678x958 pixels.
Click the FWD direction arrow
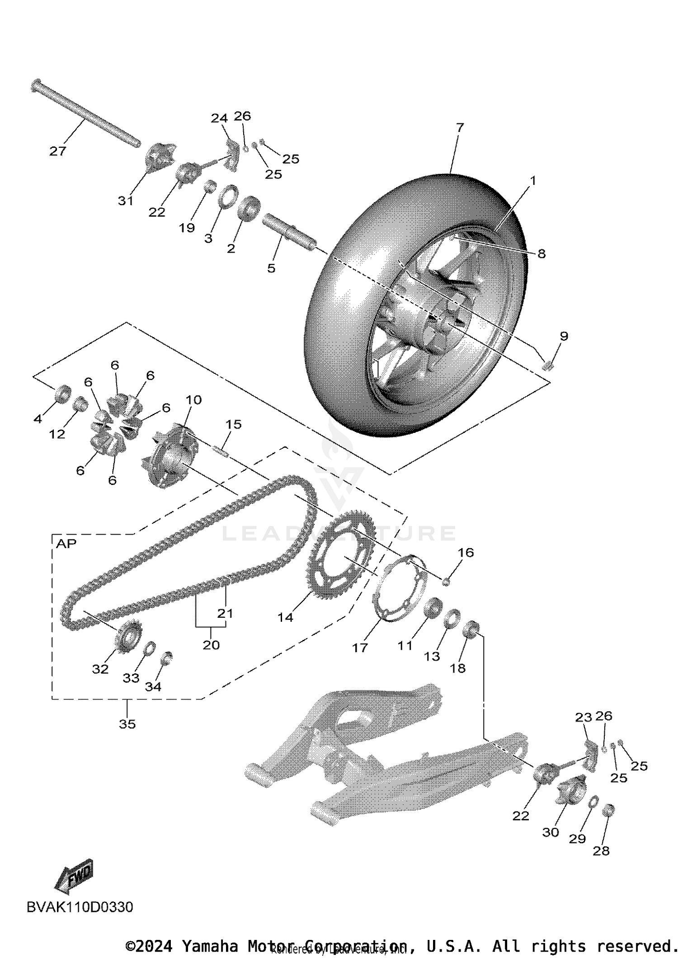75,877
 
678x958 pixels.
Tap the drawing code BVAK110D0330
80,907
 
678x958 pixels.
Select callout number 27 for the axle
58,151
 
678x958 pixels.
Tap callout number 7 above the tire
460,128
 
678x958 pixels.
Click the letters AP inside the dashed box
66,544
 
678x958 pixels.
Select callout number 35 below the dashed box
127,724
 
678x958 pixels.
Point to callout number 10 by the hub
193,400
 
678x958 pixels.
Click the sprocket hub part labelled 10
172,456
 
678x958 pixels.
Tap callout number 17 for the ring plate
360,648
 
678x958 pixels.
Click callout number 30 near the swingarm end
551,832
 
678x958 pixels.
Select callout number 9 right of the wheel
564,336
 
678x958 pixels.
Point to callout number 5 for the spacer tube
271,268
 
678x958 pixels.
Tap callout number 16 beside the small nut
466,552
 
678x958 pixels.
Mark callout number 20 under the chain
211,645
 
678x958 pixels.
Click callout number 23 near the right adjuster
583,717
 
